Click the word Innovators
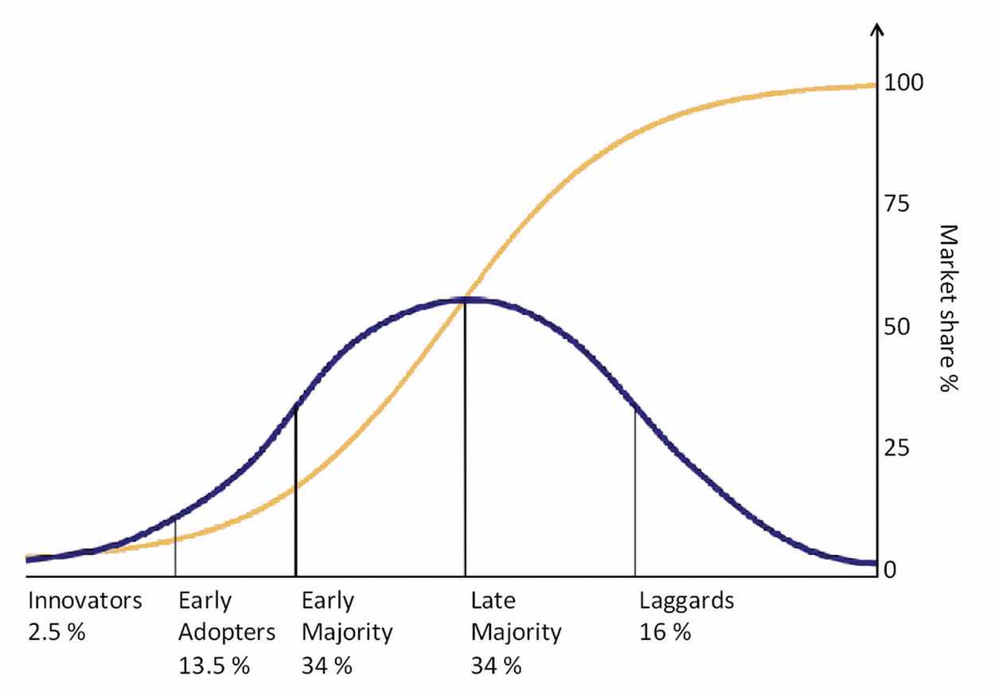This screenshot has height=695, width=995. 85,601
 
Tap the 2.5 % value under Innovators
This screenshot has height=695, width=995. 56,633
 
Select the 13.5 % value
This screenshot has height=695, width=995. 214,666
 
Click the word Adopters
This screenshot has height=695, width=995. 227,633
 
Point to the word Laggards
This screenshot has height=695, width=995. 687,601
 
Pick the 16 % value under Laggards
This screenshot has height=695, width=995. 665,633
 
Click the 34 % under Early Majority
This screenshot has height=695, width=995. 326,666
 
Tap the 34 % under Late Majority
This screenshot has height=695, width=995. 496,666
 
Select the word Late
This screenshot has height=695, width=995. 493,601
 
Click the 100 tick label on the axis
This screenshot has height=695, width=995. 903,84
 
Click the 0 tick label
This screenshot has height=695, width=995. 891,570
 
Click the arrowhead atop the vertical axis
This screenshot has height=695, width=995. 876,30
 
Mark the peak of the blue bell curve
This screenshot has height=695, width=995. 465,299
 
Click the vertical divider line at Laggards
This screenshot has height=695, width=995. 635,494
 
